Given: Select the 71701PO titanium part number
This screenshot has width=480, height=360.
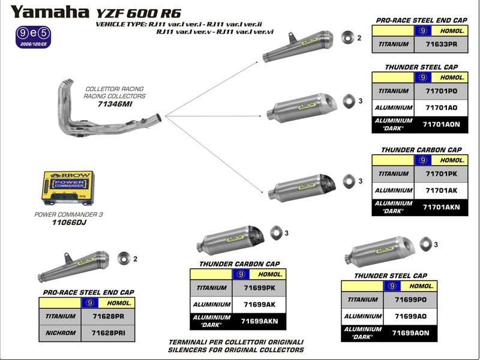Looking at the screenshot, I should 440,91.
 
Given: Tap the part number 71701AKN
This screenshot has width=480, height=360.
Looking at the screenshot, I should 440,208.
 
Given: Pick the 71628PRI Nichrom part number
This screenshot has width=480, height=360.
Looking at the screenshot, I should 108,332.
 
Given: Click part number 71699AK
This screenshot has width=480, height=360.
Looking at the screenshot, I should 259,304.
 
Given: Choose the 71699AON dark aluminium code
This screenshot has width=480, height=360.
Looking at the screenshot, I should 410,332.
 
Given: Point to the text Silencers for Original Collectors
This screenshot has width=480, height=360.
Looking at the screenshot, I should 236,350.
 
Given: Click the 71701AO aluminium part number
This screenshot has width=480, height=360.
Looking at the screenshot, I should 440,107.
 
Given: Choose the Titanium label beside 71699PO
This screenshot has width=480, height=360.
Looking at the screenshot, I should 362,299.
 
